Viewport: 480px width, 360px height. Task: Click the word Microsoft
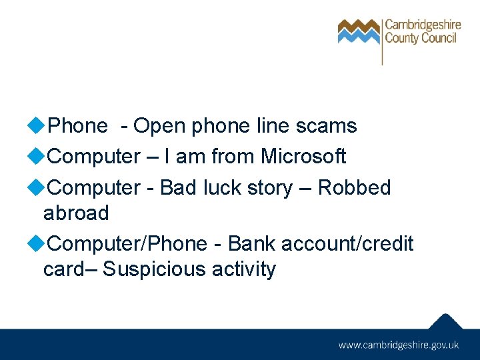[303, 157]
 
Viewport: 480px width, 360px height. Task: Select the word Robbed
[354, 188]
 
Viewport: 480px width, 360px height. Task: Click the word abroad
[75, 213]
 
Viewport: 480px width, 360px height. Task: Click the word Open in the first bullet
[160, 126]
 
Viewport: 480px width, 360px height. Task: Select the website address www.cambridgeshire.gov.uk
[399, 345]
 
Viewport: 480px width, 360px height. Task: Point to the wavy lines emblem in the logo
[359, 31]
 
